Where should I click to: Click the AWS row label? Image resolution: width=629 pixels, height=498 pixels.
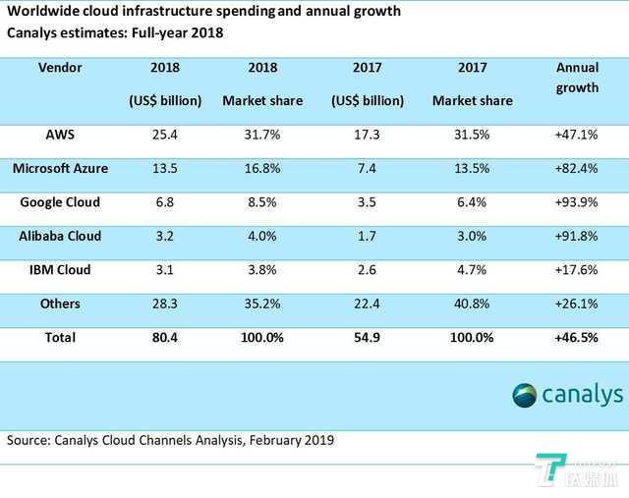point(60,134)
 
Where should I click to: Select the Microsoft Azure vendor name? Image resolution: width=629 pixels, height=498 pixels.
point(60,168)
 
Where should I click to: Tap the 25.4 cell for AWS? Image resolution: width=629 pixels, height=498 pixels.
point(164,134)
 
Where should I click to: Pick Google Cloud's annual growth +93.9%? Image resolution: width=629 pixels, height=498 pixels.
point(577,202)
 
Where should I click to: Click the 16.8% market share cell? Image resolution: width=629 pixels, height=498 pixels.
point(262,168)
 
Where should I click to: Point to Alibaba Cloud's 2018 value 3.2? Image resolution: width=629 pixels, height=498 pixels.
point(164,237)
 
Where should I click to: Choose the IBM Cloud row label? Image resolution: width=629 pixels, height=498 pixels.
point(60,270)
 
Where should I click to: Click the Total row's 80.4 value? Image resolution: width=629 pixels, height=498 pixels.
point(164,338)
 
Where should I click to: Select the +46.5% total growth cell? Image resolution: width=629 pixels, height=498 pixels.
point(577,338)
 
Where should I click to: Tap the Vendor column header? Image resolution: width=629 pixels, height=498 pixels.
point(60,69)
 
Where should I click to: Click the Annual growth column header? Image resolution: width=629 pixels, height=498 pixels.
point(577,78)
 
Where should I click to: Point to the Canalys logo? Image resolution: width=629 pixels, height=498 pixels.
point(567,395)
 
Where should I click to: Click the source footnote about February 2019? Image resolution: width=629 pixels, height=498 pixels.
point(170,440)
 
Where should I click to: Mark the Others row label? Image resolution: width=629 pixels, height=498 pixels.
point(60,304)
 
